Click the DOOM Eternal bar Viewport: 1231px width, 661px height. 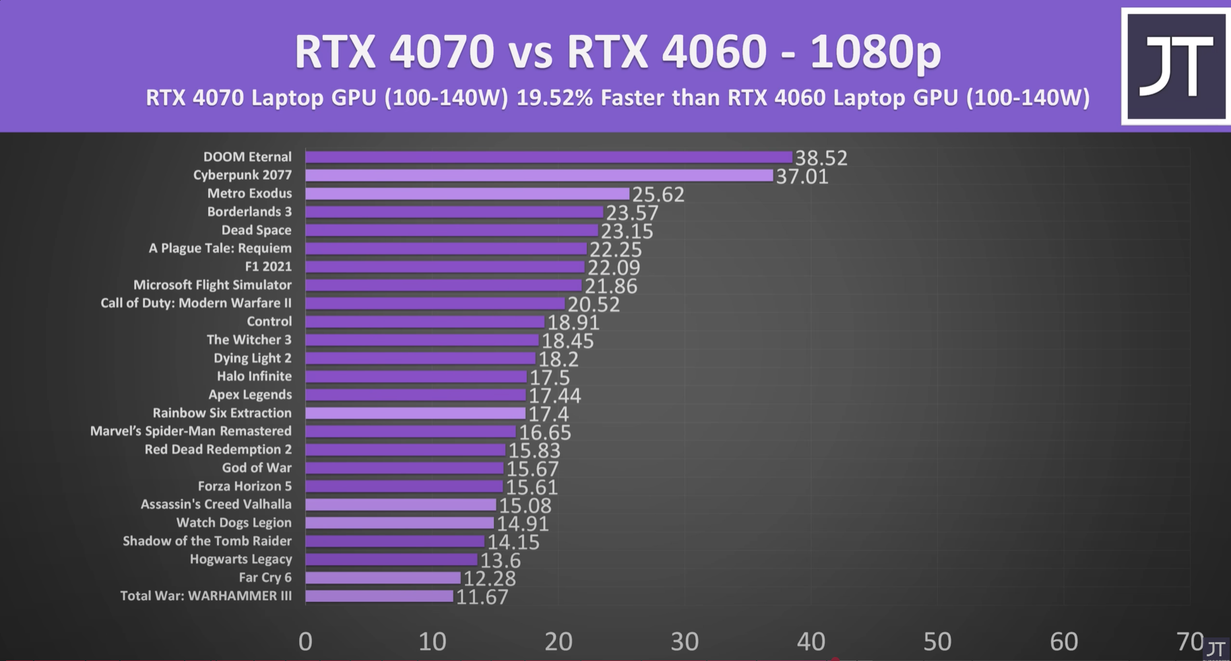(x=548, y=157)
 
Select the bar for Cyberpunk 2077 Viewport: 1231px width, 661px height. (x=539, y=175)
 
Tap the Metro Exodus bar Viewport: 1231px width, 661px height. (x=467, y=194)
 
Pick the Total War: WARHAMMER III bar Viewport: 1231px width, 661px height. (x=379, y=596)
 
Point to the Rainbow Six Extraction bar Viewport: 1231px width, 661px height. (x=415, y=413)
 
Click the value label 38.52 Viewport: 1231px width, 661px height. (x=821, y=158)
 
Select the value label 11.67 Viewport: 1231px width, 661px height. (x=482, y=597)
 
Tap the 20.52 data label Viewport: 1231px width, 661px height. (x=593, y=304)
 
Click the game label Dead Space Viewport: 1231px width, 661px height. (x=256, y=230)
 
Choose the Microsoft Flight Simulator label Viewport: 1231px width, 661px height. (x=212, y=285)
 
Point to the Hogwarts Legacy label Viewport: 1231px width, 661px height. (x=241, y=559)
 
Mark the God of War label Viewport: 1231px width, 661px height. (x=257, y=468)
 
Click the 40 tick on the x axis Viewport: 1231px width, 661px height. (x=811, y=641)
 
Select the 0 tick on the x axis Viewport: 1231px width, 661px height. (x=305, y=641)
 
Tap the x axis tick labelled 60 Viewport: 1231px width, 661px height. (x=1063, y=641)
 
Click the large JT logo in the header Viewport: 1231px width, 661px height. (x=1176, y=66)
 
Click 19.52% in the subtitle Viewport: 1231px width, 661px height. (x=555, y=98)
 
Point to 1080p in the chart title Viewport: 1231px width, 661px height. (x=875, y=52)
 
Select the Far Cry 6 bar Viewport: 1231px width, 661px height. (x=383, y=578)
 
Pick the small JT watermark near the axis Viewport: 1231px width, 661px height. (x=1216, y=649)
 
